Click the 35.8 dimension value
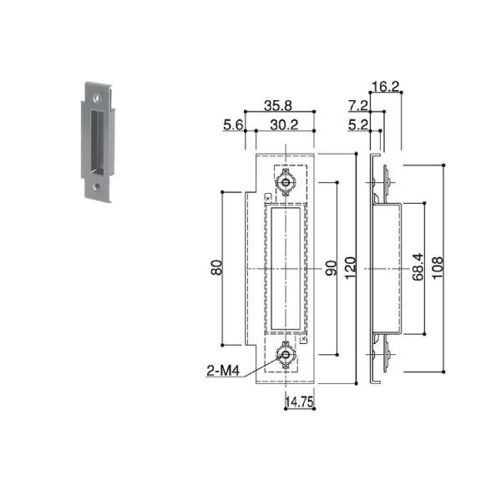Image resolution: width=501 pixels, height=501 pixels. tap(278, 105)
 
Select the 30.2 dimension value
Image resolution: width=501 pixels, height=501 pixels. tap(284, 124)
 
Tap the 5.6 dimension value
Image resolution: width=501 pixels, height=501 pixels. tap(233, 124)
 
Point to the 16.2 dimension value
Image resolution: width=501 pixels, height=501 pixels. tap(386, 87)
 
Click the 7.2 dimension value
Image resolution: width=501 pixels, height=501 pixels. tap(358, 105)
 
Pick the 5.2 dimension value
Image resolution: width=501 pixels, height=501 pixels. tap(358, 124)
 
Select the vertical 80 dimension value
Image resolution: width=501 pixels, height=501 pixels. tap(216, 268)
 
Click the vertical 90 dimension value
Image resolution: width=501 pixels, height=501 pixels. tap(331, 268)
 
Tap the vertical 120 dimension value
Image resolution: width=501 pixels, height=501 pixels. tap(350, 268)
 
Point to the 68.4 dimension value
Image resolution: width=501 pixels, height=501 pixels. tap(418, 267)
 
